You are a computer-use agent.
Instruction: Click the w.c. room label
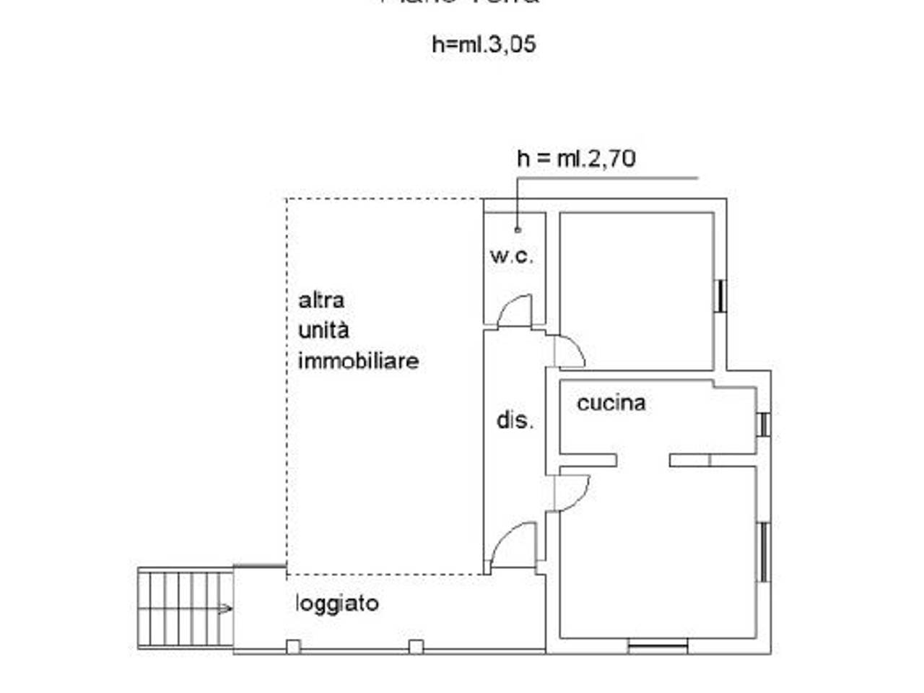pyautogui.click(x=511, y=256)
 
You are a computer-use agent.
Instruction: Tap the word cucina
pyautogui.click(x=611, y=403)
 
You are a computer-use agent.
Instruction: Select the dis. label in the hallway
pyautogui.click(x=515, y=419)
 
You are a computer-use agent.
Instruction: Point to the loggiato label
pyautogui.click(x=337, y=603)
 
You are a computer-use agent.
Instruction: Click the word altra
pyautogui.click(x=321, y=300)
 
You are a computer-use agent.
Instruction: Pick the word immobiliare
pyautogui.click(x=358, y=361)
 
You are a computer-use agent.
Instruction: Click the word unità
pyautogui.click(x=323, y=331)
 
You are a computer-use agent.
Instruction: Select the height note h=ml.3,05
pyautogui.click(x=484, y=45)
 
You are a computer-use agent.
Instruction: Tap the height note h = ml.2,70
pyautogui.click(x=576, y=158)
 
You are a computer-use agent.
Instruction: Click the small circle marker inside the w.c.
pyautogui.click(x=518, y=230)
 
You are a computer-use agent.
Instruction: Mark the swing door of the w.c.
pyautogui.click(x=515, y=312)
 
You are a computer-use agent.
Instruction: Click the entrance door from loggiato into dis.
pyautogui.click(x=514, y=546)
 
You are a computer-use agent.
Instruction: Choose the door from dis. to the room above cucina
pyautogui.click(x=569, y=352)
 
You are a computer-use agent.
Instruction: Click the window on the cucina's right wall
pyautogui.click(x=763, y=424)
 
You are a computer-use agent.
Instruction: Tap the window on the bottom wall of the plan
pyautogui.click(x=657, y=646)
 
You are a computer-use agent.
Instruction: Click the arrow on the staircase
pyautogui.click(x=225, y=609)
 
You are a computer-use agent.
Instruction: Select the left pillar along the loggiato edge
pyautogui.click(x=293, y=647)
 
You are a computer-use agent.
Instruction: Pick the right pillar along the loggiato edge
pyautogui.click(x=416, y=647)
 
